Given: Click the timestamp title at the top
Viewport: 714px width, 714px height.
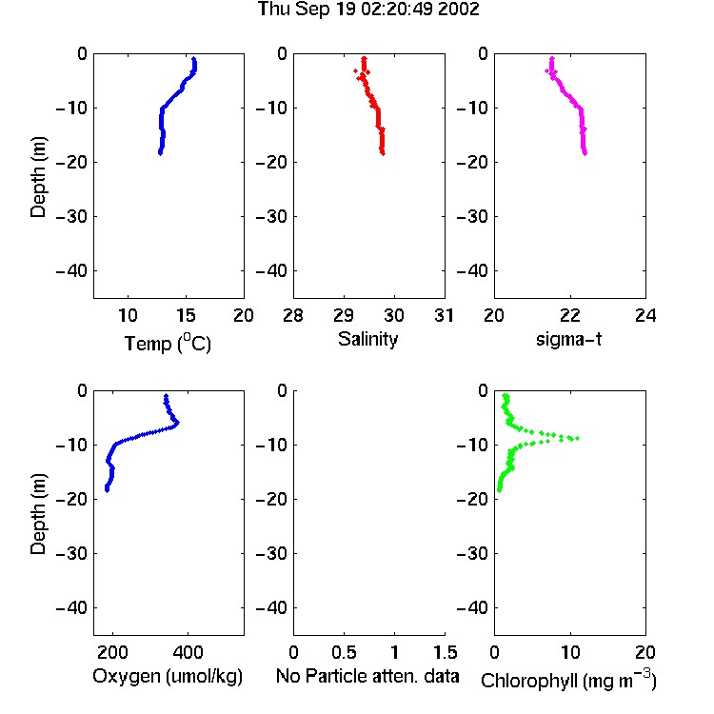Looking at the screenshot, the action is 368,10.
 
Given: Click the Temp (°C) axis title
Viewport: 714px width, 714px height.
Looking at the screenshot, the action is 168,343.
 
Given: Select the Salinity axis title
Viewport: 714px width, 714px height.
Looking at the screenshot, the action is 367,339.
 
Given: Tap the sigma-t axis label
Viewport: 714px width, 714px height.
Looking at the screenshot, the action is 568,339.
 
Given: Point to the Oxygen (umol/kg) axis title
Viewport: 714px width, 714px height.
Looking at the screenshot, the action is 168,677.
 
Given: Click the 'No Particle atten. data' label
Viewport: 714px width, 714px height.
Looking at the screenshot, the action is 367,676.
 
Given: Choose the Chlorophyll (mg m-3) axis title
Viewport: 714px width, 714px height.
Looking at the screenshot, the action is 568,679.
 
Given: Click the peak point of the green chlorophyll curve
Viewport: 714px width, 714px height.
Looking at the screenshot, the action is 578,438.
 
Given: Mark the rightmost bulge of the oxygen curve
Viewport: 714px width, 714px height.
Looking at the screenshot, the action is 177,423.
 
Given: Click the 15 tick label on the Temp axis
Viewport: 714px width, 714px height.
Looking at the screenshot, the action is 186,315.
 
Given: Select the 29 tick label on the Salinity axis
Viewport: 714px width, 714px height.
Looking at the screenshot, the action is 344,315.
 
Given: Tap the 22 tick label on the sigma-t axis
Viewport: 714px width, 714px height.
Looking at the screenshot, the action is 570,315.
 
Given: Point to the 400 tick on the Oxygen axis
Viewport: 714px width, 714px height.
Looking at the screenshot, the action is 188,652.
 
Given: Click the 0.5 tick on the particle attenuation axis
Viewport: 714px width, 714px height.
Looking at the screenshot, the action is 344,652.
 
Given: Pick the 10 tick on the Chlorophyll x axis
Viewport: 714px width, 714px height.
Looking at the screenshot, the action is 570,652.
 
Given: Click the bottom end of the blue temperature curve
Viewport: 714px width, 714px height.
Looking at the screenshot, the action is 160,153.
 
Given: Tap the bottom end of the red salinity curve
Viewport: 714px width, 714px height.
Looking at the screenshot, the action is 383,153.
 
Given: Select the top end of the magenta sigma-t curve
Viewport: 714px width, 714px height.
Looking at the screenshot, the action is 552,58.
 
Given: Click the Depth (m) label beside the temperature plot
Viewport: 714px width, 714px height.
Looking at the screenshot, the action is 38,177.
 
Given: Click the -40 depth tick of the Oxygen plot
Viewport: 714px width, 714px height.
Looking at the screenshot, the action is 71,607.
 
